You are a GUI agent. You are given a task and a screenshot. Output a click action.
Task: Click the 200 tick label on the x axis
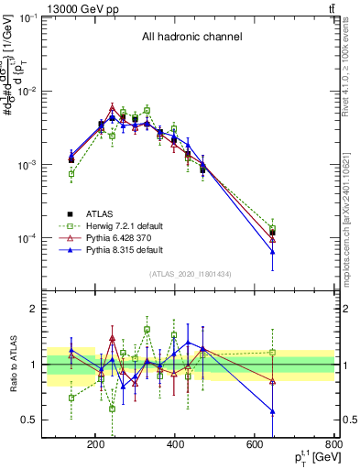(x=95, y=445)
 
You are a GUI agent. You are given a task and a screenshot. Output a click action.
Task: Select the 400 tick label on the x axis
(x=175, y=445)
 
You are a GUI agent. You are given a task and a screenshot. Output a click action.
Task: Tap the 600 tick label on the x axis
(x=256, y=445)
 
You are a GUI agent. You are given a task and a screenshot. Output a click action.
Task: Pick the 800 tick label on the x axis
(x=333, y=445)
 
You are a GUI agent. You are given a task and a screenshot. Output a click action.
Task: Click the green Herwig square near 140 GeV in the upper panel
(x=71, y=173)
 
